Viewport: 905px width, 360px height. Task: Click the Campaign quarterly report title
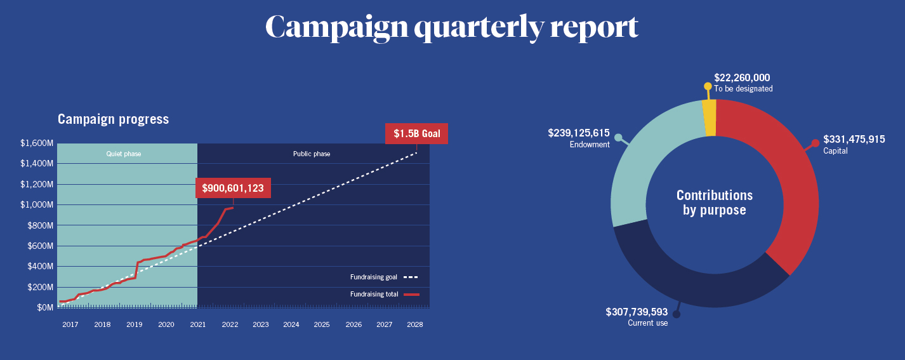(x=451, y=27)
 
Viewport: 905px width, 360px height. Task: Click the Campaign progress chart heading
(x=113, y=119)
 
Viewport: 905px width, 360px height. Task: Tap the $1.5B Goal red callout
(x=416, y=134)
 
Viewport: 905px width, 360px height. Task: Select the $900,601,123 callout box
(x=233, y=188)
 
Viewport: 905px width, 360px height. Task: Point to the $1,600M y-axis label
(x=37, y=143)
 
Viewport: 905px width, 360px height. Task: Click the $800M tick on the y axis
(x=39, y=225)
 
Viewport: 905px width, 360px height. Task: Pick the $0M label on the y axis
(x=44, y=307)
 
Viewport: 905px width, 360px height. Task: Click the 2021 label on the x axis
(x=197, y=324)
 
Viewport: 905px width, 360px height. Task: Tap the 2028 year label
(x=415, y=324)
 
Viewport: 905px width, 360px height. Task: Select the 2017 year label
(x=70, y=324)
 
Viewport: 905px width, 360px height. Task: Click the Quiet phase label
(x=124, y=154)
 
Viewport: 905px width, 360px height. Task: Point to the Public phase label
(x=311, y=154)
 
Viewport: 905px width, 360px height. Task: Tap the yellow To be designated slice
(x=710, y=118)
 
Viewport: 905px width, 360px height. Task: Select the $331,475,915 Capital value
(x=854, y=139)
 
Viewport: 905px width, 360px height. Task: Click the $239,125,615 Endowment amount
(x=579, y=133)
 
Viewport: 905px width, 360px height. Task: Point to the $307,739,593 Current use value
(x=637, y=312)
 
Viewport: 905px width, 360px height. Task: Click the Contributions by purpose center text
(x=715, y=203)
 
